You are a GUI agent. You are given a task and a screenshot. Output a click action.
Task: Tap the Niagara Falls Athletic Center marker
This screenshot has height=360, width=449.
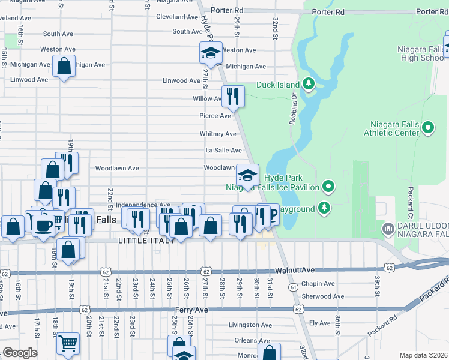[x=428, y=127]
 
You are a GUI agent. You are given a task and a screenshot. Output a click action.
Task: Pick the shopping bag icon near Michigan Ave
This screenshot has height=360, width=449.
[x=64, y=67]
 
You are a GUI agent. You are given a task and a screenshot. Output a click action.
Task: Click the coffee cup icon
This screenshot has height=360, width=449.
[x=43, y=226]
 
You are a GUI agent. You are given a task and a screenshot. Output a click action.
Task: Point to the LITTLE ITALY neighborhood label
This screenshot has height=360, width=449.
[x=146, y=241]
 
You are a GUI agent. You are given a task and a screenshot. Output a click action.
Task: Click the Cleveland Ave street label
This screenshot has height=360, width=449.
[x=177, y=17]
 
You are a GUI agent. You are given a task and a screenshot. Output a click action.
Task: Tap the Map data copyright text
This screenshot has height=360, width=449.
[x=424, y=355]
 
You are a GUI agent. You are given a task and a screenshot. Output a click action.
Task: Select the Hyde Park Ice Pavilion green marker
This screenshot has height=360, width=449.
[x=328, y=187]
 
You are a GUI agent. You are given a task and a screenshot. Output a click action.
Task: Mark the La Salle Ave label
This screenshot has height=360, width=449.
[x=223, y=151]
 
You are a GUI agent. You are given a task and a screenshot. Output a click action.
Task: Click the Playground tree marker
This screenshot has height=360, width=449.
[x=324, y=208]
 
